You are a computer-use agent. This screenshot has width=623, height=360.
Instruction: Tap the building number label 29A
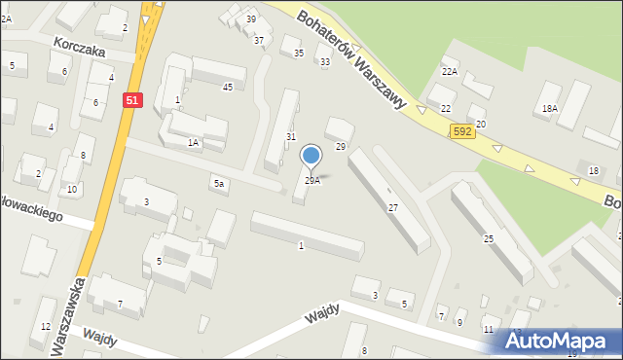312,181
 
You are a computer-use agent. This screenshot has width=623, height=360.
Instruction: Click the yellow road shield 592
462,130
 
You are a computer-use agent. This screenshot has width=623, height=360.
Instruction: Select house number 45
228,88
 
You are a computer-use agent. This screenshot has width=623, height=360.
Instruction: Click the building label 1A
193,143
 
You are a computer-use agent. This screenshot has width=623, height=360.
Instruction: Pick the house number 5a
220,183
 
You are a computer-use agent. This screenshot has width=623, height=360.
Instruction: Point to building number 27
393,208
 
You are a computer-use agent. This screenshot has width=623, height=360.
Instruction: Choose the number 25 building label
489,238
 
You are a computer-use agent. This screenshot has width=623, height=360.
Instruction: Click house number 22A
449,71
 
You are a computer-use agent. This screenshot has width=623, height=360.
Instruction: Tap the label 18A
550,109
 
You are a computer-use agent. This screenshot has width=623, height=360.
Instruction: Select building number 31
290,137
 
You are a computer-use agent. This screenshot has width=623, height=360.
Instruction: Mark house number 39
251,19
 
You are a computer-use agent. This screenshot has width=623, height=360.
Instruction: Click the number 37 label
259,40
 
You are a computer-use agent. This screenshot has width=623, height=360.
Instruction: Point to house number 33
324,61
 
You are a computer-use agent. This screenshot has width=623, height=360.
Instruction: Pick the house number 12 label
45,327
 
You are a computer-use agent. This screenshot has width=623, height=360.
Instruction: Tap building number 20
480,125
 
